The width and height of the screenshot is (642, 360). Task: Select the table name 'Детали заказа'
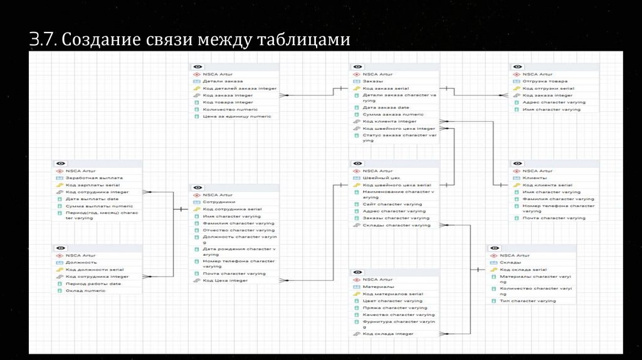(222, 81)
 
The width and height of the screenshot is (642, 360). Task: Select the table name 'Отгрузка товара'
(544, 81)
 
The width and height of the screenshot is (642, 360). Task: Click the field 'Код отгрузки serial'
(549, 88)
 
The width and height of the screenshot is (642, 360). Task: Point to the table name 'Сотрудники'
(219, 202)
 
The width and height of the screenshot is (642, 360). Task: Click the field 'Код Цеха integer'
(225, 280)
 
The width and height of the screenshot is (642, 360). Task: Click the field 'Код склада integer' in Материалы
(387, 334)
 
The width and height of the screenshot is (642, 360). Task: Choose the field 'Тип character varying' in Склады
(527, 301)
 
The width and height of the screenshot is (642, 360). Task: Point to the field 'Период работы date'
(93, 283)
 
